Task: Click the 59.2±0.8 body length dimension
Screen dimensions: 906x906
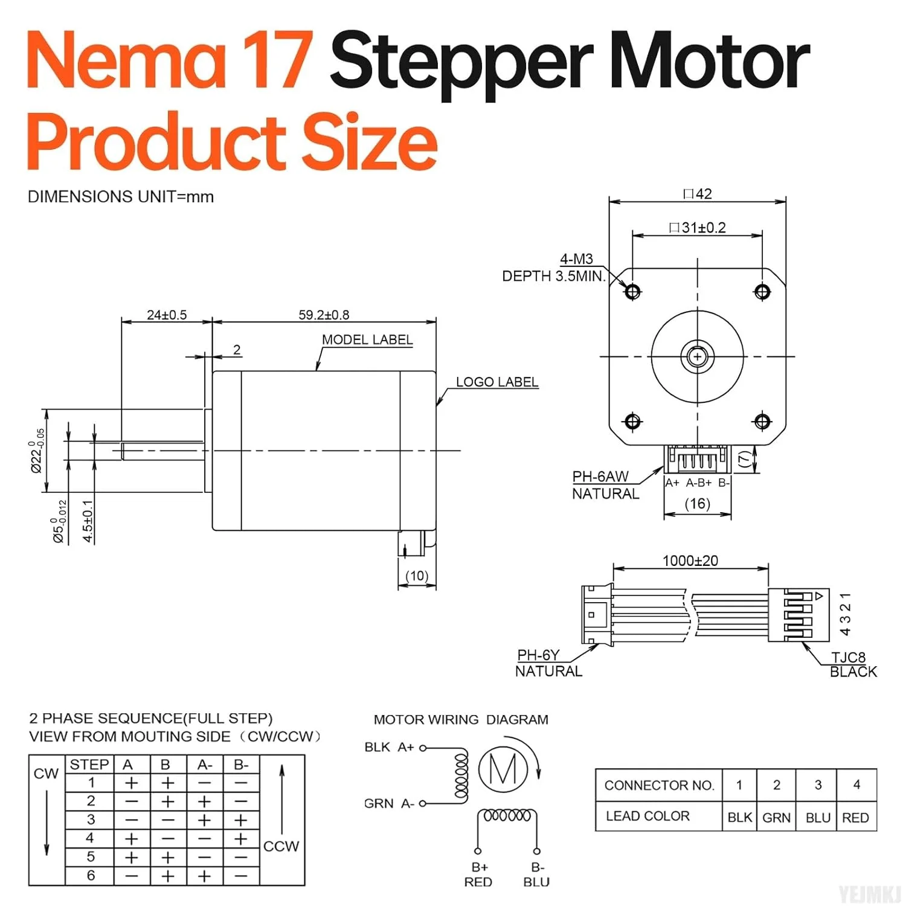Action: click(324, 315)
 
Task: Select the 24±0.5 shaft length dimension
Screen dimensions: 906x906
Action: click(167, 315)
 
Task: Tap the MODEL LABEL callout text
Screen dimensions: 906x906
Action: click(367, 339)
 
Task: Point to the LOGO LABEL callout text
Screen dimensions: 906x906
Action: click(496, 382)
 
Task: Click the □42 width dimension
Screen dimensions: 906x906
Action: click(698, 194)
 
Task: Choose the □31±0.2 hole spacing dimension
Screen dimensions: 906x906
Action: click(698, 228)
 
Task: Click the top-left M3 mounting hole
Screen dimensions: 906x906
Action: click(632, 292)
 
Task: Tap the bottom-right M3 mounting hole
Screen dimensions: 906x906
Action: click(762, 421)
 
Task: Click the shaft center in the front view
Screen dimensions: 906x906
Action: click(698, 356)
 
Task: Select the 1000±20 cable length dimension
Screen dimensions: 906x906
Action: click(690, 561)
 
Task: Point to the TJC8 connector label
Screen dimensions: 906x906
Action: click(848, 657)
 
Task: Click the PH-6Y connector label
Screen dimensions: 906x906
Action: click(538, 655)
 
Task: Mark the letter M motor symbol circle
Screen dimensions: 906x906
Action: click(503, 769)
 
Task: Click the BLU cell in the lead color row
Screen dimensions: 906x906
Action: click(818, 817)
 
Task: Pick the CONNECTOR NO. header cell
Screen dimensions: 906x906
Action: click(659, 785)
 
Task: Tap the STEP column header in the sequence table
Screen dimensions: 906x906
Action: click(89, 765)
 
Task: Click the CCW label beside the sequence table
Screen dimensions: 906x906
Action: click(281, 846)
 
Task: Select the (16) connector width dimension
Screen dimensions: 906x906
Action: click(697, 503)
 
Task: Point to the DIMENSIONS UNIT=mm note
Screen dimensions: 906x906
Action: click(121, 197)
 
